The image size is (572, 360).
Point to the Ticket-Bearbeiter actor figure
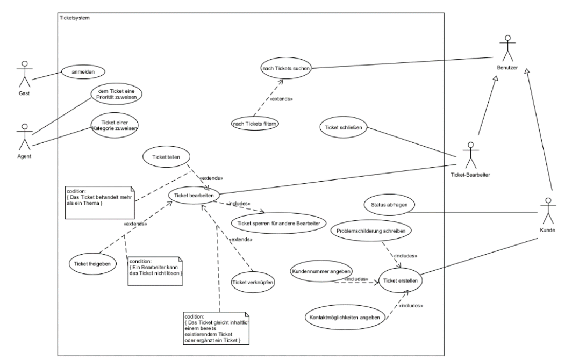(470, 155)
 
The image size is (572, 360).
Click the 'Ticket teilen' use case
(166, 157)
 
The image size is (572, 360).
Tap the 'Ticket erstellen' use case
(399, 280)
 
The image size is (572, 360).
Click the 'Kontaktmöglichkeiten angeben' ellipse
(346, 318)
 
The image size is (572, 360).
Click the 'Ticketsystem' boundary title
(74, 18)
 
